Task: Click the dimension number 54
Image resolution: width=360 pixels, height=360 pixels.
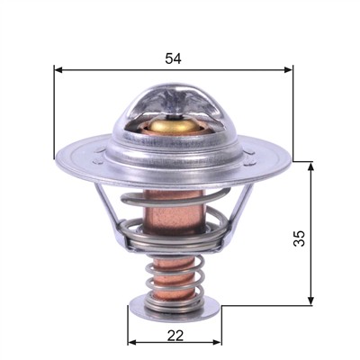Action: (173, 58)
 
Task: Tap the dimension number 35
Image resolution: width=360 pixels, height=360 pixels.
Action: (299, 238)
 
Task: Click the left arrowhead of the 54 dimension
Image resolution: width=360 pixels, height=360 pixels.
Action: (58, 70)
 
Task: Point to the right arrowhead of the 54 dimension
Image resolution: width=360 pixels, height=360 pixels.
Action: (288, 70)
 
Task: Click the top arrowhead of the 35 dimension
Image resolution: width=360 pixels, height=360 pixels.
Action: (311, 166)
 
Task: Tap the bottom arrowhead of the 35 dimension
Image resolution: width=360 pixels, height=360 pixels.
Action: (311, 301)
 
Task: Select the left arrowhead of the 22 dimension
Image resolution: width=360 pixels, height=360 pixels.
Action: (132, 342)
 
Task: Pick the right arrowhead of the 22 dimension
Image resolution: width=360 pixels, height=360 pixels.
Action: (217, 342)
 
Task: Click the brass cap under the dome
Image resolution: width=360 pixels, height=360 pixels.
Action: (175, 125)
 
